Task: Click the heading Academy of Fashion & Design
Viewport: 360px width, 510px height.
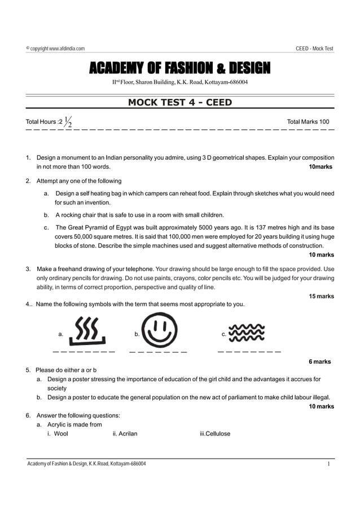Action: pos(179,69)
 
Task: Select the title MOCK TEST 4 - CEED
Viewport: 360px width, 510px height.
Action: pos(179,102)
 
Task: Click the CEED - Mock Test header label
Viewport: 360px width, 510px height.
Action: pos(314,49)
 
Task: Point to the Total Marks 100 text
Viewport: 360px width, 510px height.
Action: pos(308,121)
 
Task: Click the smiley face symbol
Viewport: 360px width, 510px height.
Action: pos(159,330)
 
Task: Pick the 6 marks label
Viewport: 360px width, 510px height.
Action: pos(319,361)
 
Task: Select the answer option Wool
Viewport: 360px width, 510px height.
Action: pos(58,434)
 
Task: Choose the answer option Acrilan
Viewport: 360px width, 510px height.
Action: pos(125,434)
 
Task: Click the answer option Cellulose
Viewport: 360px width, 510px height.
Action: pos(212,434)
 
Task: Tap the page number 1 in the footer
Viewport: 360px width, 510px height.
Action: pos(328,464)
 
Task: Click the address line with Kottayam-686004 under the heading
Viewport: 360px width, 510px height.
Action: pos(179,82)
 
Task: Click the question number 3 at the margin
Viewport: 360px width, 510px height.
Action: pos(28,269)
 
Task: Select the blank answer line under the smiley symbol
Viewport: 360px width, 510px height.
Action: pos(158,352)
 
